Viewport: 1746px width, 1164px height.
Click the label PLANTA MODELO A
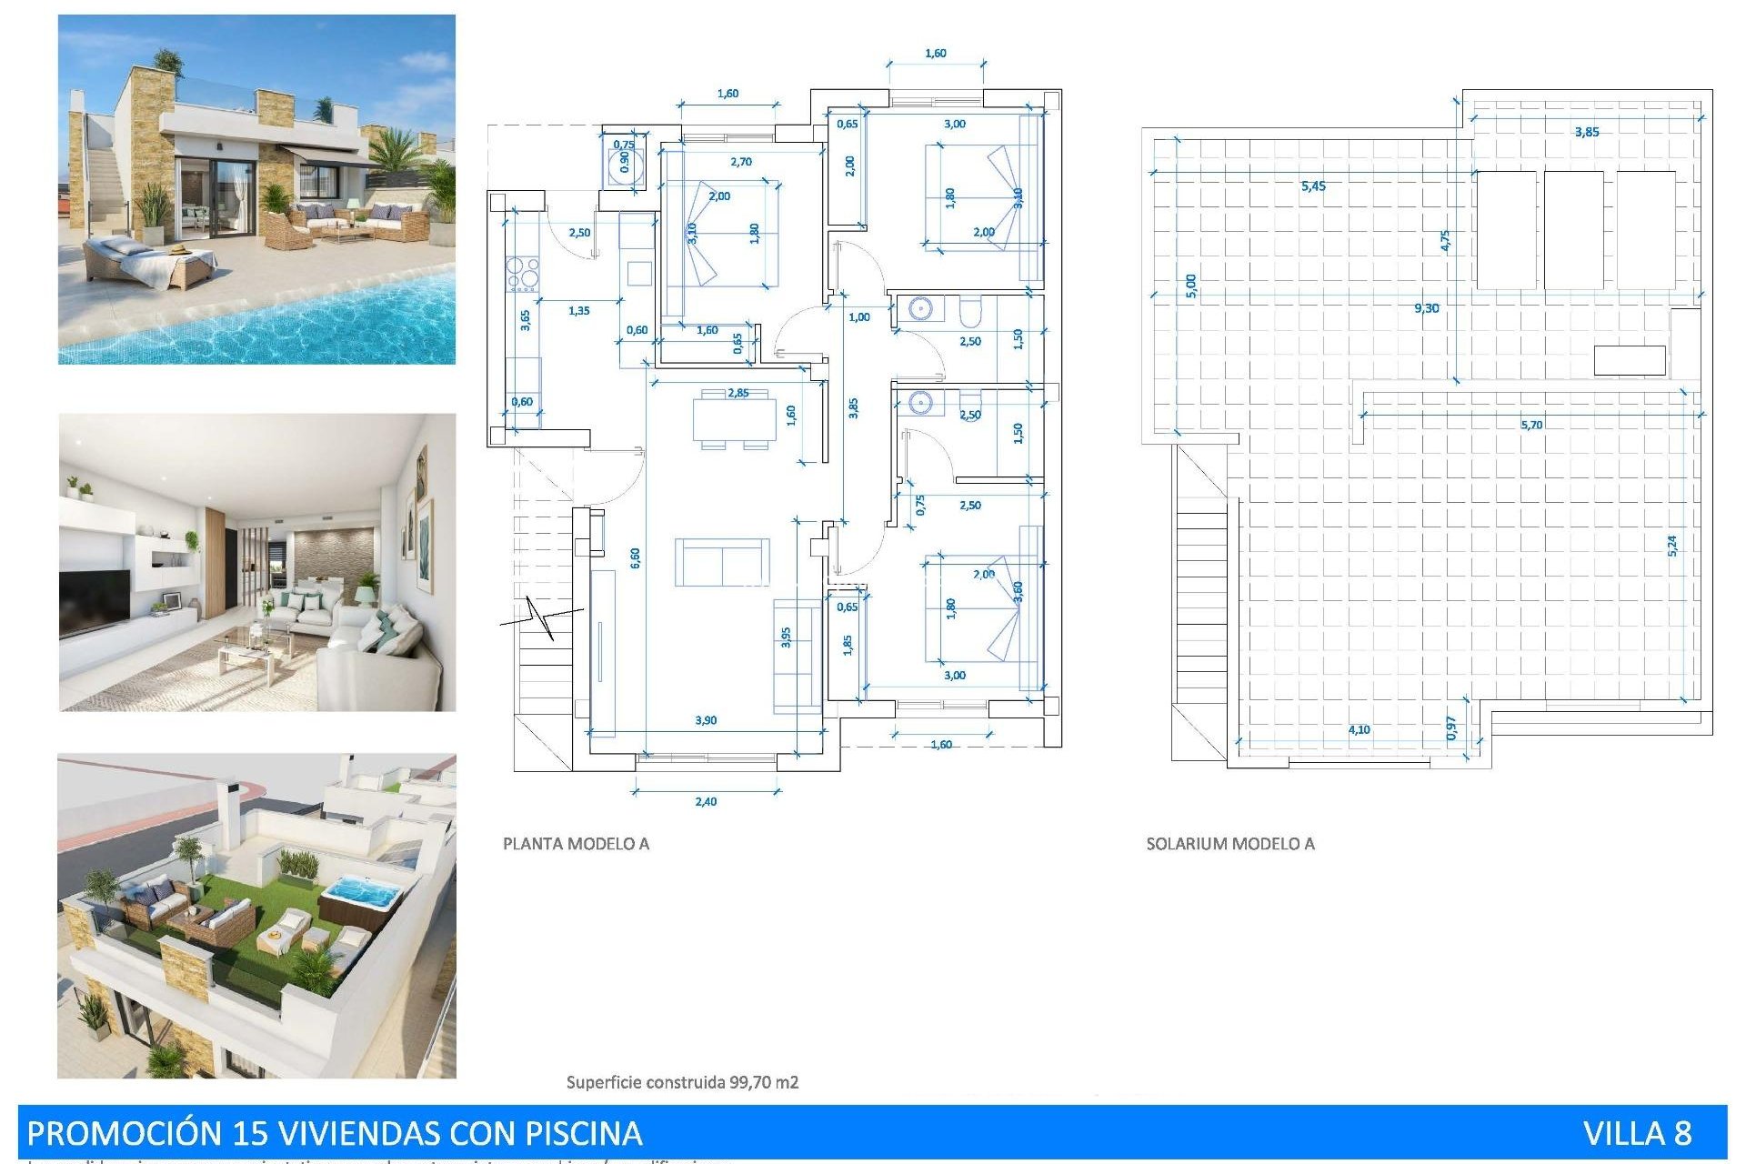(x=576, y=844)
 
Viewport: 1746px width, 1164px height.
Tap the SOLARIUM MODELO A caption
(x=1229, y=844)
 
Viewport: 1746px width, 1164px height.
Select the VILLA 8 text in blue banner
(x=1637, y=1133)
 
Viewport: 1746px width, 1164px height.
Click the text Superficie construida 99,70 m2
(x=682, y=1082)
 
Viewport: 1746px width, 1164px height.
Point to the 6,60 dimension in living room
(x=635, y=557)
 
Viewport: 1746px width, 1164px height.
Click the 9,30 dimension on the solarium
(x=1426, y=308)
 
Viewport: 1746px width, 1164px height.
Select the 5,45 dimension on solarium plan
(x=1313, y=186)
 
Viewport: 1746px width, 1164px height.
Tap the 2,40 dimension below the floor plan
(x=706, y=801)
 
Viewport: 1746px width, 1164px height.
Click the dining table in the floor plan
(x=734, y=419)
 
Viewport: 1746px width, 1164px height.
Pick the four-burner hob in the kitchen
(x=523, y=273)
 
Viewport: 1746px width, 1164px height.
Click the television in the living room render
(x=95, y=601)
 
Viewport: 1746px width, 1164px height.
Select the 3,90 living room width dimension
(x=706, y=720)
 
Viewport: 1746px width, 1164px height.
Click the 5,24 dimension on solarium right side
(x=1672, y=545)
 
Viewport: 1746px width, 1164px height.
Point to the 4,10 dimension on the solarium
(x=1359, y=729)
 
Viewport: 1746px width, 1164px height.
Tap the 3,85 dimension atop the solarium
(x=1587, y=132)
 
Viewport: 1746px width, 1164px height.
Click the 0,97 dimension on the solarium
(x=1451, y=727)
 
